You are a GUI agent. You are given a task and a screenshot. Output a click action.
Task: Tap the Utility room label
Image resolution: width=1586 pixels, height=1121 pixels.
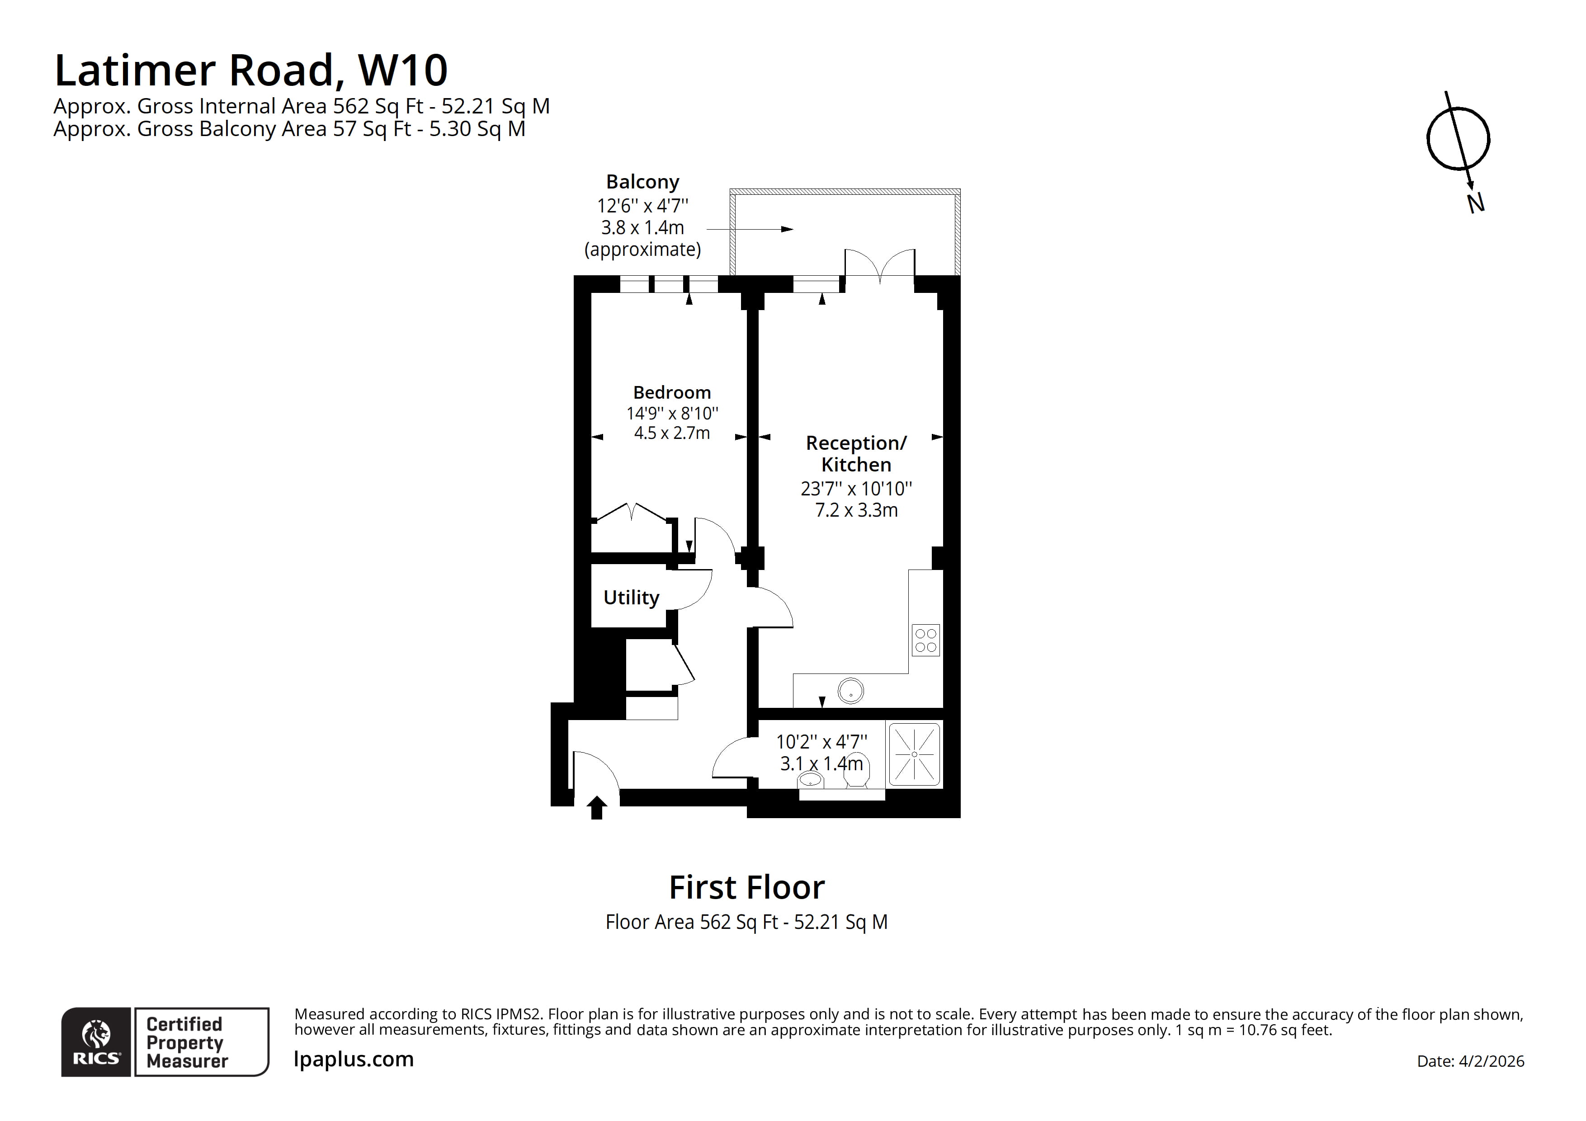coord(631,598)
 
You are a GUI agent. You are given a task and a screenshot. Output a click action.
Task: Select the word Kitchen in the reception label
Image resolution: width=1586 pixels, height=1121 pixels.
coord(856,465)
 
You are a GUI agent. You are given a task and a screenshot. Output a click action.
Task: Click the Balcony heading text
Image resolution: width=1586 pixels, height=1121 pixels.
coord(642,182)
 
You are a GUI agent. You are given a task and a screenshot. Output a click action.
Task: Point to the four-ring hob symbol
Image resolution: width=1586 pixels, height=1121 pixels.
coord(925,640)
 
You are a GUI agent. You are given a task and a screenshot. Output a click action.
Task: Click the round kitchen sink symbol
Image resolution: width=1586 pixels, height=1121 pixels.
coord(850,691)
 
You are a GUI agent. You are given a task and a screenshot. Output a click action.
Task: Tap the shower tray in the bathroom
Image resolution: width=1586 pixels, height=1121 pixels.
coord(914,754)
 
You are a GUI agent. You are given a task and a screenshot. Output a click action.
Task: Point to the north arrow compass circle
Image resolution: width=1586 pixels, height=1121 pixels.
coord(1458,139)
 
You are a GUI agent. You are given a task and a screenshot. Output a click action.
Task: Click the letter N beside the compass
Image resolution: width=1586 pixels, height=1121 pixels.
coord(1476,203)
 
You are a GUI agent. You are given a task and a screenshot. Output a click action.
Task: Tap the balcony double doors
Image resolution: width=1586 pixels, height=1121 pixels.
coord(880,266)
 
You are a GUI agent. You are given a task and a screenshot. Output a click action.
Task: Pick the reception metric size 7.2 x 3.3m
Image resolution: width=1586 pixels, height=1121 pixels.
coord(856,510)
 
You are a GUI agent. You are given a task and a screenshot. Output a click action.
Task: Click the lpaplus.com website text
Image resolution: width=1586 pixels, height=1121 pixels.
coord(354,1060)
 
